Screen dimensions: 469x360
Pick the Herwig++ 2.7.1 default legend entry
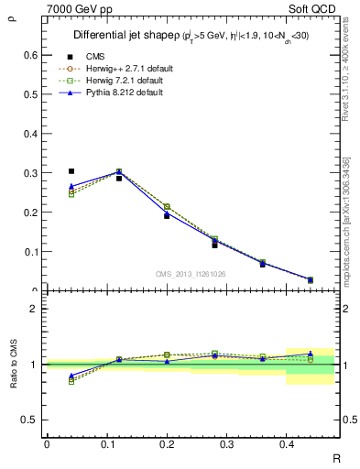(128, 69)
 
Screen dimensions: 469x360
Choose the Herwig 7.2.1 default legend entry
(126, 81)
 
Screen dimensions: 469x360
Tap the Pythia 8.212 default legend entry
(125, 93)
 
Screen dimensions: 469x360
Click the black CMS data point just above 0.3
(71, 171)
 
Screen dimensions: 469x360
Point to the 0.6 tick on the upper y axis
(31, 55)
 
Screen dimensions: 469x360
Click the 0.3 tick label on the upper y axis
(31, 173)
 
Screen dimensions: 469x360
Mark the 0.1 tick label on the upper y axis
(31, 252)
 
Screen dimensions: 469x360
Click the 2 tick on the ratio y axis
(34, 309)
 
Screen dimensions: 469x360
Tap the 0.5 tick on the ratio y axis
(31, 420)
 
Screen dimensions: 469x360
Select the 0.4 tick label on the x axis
(286, 443)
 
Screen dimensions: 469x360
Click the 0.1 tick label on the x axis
(106, 443)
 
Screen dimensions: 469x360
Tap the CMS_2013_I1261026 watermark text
(191, 273)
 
